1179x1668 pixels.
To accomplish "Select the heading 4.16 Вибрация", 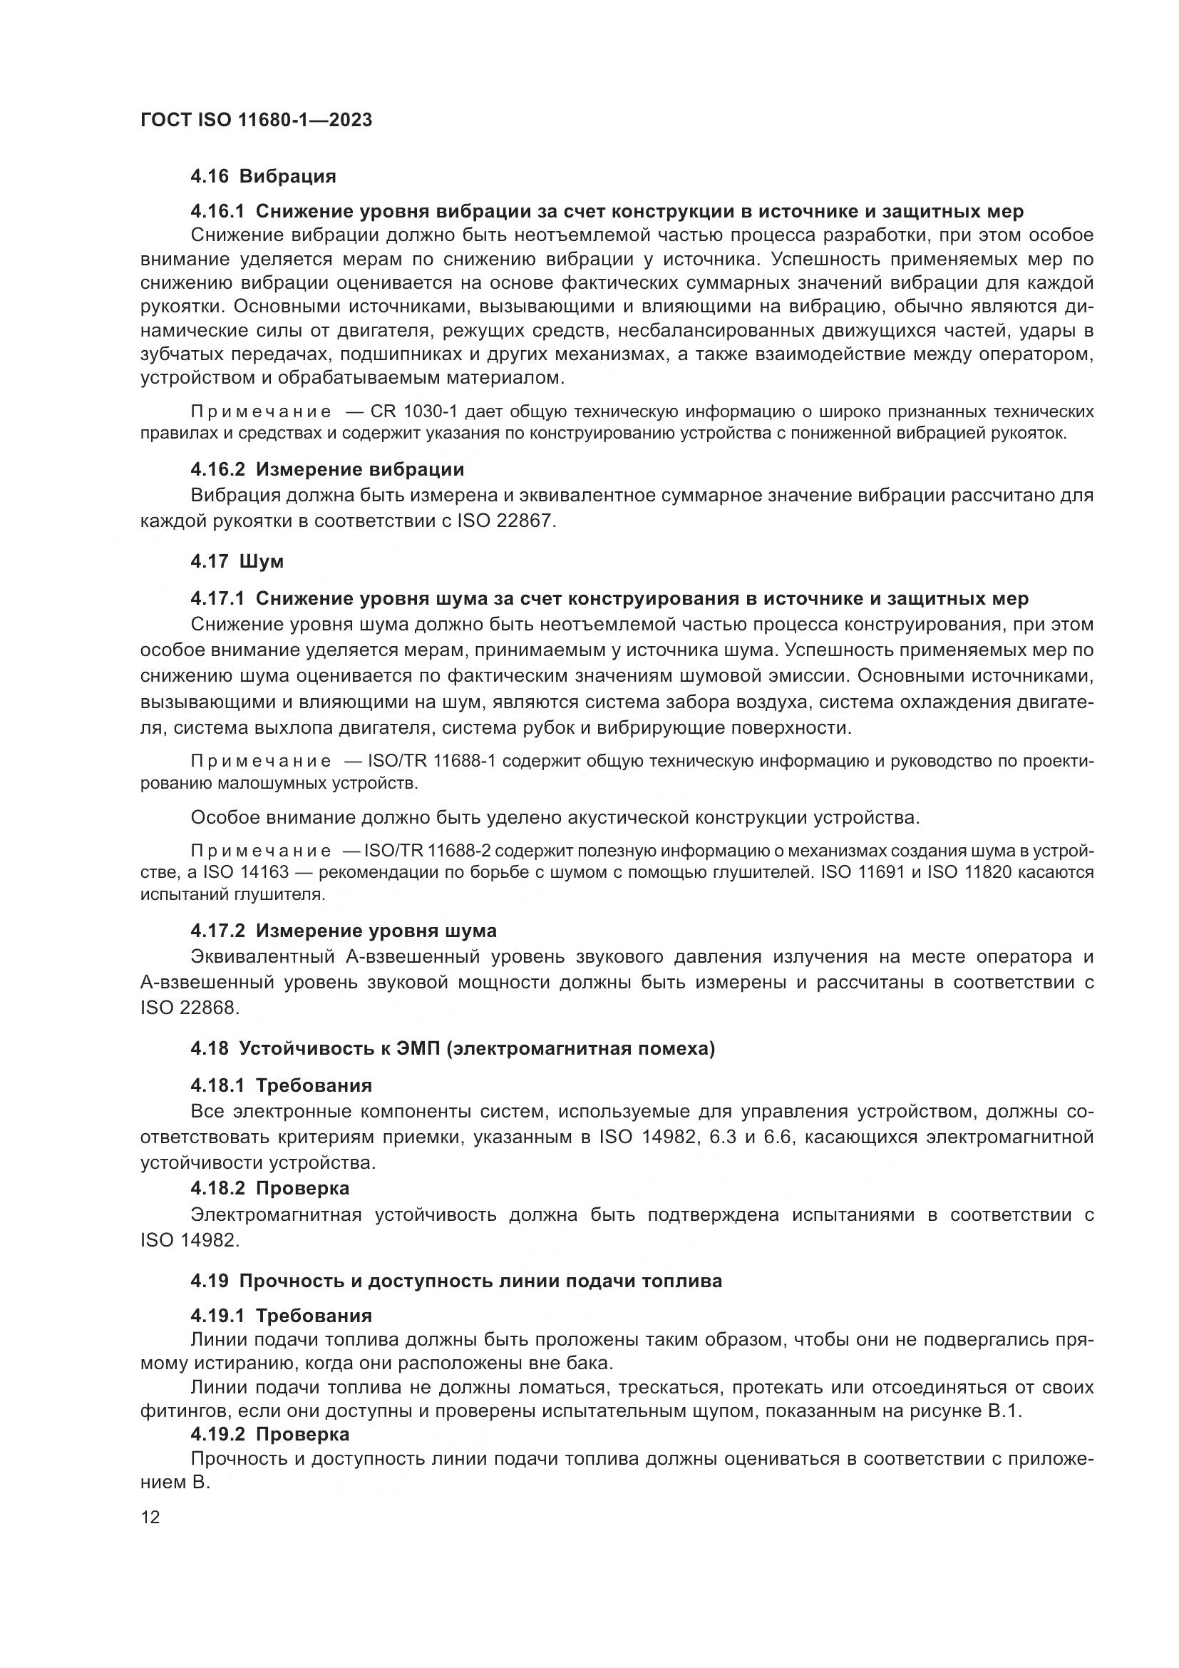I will tap(263, 176).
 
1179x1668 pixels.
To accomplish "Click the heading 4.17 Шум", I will tap(237, 561).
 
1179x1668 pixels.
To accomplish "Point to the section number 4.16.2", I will tap(219, 469).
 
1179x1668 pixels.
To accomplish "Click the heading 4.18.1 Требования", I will tap(281, 1085).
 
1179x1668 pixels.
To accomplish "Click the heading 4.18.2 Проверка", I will tap(269, 1188).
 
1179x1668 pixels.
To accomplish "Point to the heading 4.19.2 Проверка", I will tap(269, 1434).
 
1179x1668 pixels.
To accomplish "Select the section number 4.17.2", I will tap(219, 931).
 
